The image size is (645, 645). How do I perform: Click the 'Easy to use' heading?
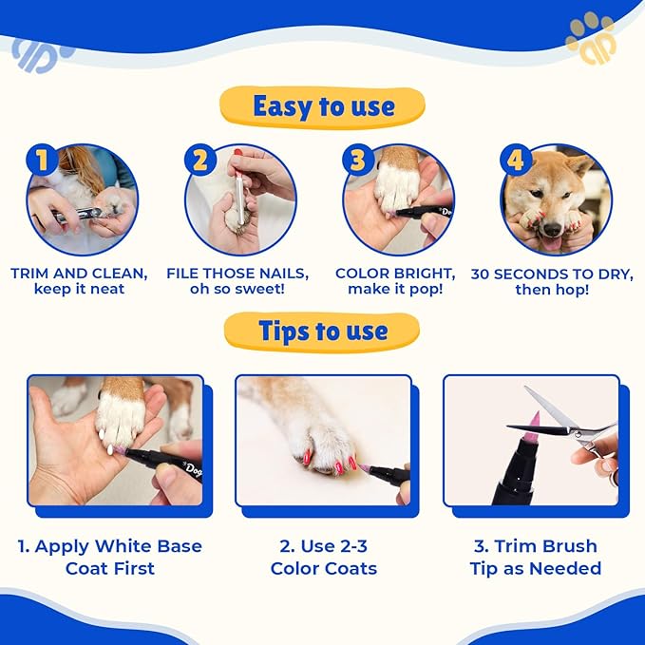[x=324, y=106]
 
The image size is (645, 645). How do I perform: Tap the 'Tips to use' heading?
[x=323, y=332]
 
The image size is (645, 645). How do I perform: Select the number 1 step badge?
[x=42, y=160]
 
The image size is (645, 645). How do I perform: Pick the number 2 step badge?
[x=200, y=160]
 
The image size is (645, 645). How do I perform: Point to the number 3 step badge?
[x=358, y=160]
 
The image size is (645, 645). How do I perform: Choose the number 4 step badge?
[x=516, y=160]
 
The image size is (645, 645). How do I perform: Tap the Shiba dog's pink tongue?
[x=551, y=243]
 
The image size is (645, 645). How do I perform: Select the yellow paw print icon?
[x=592, y=38]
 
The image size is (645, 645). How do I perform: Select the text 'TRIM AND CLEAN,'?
[x=79, y=274]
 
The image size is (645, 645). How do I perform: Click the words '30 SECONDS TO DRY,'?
[x=552, y=274]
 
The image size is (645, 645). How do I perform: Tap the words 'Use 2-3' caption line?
[x=323, y=546]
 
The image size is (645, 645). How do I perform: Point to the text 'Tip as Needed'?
[x=536, y=568]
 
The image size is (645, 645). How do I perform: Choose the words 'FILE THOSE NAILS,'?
[x=237, y=274]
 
